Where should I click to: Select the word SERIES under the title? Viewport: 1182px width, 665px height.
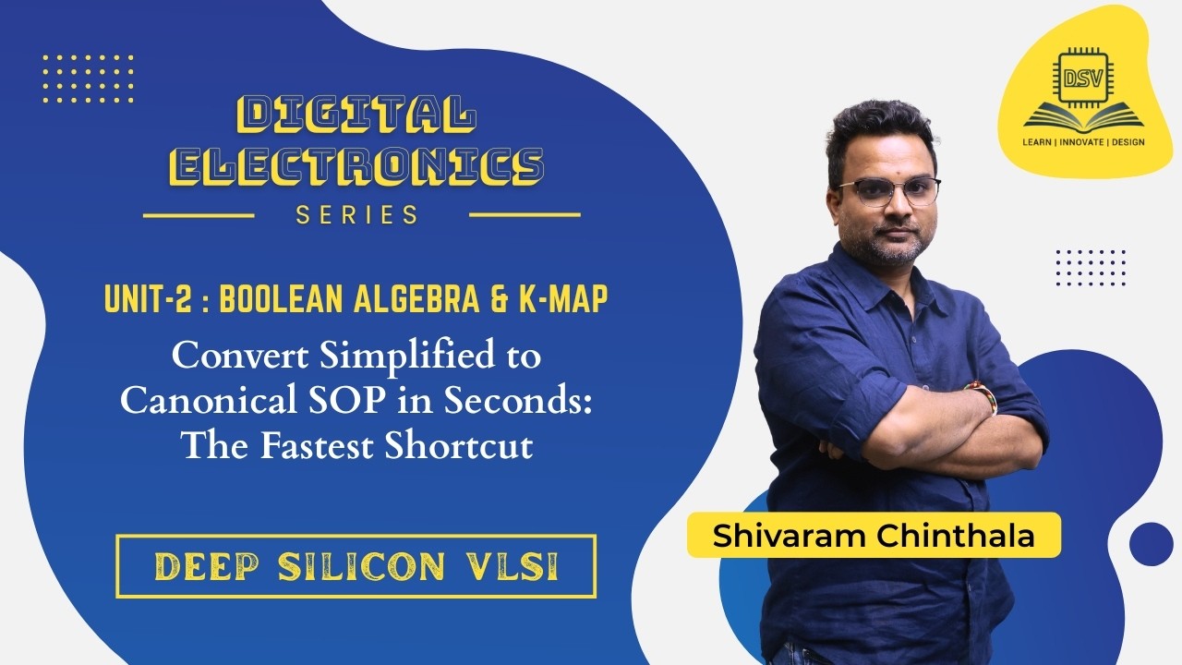(x=357, y=215)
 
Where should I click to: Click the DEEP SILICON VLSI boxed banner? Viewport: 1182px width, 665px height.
(x=356, y=565)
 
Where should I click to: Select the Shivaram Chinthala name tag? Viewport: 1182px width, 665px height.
(x=874, y=537)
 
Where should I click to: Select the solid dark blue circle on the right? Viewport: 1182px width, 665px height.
(x=1151, y=543)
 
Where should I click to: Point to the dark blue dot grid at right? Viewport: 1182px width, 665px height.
(x=1091, y=267)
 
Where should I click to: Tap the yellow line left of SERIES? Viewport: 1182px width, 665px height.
(x=199, y=216)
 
